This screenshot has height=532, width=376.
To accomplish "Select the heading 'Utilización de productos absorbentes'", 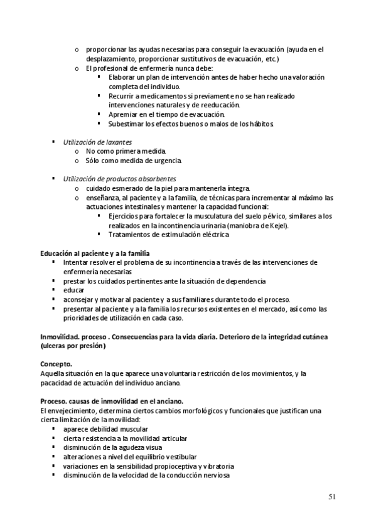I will [119, 179].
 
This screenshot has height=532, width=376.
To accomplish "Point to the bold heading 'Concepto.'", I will [56, 364].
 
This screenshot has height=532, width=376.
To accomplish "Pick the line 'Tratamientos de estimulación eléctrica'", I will [169, 235].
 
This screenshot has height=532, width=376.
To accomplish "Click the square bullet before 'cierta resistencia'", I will [55, 438].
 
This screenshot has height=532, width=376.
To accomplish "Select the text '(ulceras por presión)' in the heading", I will [73, 346].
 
